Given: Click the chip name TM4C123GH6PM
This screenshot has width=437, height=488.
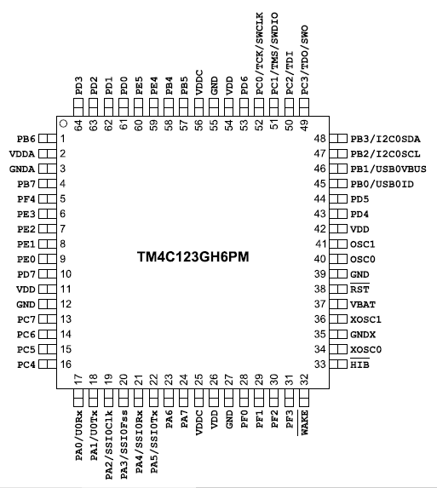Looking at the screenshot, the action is coord(193,257).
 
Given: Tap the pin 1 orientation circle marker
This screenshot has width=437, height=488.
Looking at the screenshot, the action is coord(64,123).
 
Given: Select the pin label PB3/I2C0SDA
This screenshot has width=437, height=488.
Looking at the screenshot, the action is coord(385,139).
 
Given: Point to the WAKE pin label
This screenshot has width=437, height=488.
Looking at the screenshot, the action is coord(304,422).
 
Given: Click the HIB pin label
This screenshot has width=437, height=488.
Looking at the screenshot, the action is coord(359,365).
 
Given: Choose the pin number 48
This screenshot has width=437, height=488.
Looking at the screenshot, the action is coord(319,139).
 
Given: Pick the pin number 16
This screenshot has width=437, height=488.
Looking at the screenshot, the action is coord(66,365).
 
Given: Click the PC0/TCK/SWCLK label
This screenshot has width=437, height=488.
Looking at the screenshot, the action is coord(259,54).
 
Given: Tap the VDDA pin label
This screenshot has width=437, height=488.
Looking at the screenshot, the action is coord(22,154).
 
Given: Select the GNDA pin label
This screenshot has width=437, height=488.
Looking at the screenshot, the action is coord(22,169).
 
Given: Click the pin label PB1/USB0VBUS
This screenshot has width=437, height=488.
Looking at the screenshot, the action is coord(388,169).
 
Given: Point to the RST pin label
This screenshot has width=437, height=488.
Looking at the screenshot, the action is coord(359,290).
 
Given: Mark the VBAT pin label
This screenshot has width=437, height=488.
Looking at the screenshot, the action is coord(363,304).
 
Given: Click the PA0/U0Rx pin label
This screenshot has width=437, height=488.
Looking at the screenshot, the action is coord(78,435).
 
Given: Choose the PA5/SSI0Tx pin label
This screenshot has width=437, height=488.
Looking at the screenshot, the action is coord(154,442).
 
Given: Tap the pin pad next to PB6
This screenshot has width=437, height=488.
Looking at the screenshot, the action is coord(48,139).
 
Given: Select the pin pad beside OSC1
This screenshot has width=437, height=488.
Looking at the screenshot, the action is coord(338,244).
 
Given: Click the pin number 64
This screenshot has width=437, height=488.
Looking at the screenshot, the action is coord(78,125).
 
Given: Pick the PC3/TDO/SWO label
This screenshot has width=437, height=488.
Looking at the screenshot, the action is coord(304,60).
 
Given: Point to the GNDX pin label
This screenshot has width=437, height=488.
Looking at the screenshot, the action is coord(363,334).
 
